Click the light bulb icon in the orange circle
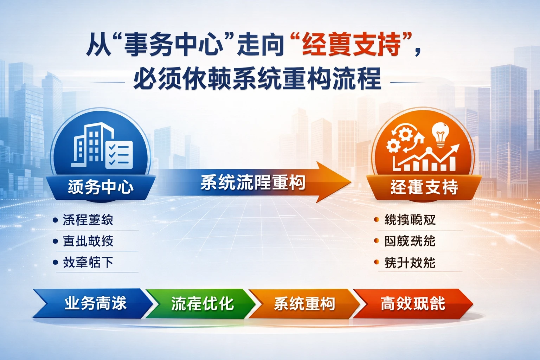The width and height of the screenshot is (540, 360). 440,134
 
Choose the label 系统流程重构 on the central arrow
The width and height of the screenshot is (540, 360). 252,182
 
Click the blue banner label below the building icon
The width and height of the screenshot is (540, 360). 101,187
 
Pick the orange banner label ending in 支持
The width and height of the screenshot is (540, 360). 424,187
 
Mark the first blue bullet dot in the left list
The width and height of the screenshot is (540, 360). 55,220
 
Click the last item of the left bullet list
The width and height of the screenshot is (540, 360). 88,262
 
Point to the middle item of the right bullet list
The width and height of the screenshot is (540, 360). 410,241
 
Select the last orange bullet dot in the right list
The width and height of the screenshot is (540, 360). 377,262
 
